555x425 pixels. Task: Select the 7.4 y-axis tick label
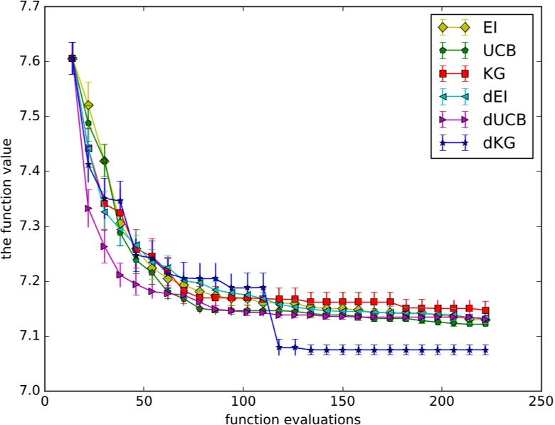[27, 172]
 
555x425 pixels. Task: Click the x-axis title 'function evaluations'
[292, 416]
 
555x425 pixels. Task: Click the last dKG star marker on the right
[485, 350]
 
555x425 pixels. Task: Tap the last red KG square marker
[485, 310]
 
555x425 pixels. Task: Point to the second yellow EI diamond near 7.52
[88, 105]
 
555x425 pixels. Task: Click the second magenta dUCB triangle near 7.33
[88, 208]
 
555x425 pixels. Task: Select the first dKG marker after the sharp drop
[279, 347]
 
